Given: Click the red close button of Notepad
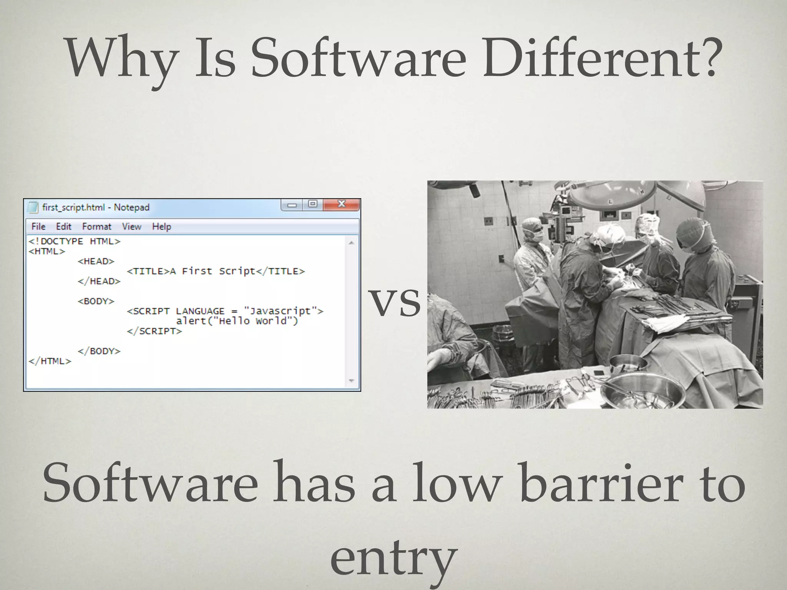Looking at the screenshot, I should pos(341,204).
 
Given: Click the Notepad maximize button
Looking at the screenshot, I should pos(313,204).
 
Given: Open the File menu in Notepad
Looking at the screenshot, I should pos(38,227).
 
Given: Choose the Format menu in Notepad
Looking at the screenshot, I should pos(96,227).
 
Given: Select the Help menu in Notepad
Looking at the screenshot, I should pos(161,227).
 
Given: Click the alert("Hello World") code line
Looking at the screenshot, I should pos(237,321).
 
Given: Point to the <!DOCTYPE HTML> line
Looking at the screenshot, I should pos(75,241).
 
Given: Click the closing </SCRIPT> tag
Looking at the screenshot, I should pos(154,331).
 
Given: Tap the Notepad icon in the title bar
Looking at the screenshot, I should pos(33,207).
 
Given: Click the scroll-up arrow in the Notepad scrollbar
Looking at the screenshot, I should pos(351,243).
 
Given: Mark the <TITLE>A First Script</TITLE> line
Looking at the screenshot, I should pos(216,271).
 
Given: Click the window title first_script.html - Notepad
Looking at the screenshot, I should pos(96,207).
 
